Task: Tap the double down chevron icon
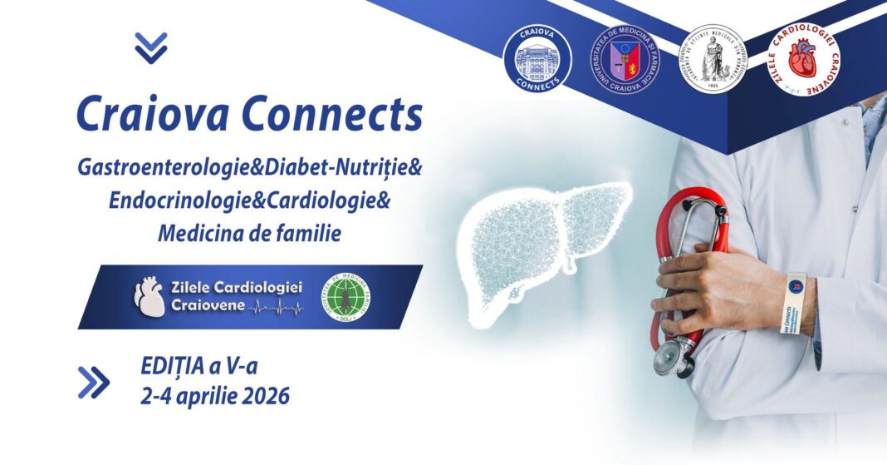pos(151,48)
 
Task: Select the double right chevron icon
pos(93,382)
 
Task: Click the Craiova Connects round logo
pos(537,59)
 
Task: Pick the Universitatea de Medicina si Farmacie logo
pos(625,59)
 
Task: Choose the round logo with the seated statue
pos(713,59)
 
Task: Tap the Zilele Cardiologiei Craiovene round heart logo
pos(802,59)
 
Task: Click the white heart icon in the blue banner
pos(149,297)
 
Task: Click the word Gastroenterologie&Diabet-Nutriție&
pos(250,169)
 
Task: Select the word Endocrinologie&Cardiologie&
pos(249,201)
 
